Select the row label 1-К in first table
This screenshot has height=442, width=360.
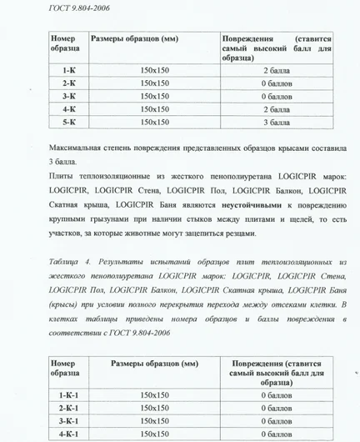(x=70, y=71)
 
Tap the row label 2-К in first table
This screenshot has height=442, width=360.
(x=70, y=83)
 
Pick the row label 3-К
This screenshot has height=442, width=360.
(x=70, y=96)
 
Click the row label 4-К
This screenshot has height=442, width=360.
(x=70, y=108)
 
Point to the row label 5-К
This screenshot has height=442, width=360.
(x=70, y=122)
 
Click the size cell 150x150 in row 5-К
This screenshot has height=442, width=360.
(x=155, y=122)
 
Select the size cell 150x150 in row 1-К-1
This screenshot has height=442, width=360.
(x=155, y=394)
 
